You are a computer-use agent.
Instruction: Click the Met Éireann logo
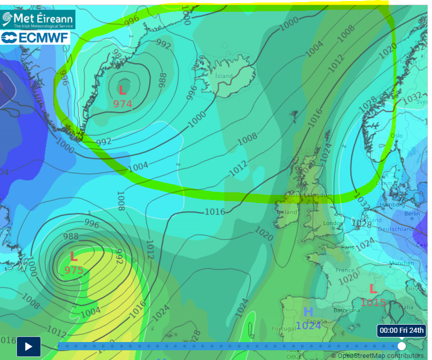click(x=38, y=19)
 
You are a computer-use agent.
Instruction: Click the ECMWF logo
click(x=35, y=37)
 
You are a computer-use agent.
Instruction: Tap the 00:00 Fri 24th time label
click(x=402, y=330)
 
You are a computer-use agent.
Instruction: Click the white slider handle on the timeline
click(x=402, y=346)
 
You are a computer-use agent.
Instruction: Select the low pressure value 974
click(x=123, y=104)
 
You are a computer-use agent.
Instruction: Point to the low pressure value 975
click(x=74, y=270)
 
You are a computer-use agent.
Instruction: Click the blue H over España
click(x=308, y=312)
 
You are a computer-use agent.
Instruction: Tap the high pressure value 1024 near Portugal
click(x=308, y=325)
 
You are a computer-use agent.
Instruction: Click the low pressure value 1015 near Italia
click(x=373, y=303)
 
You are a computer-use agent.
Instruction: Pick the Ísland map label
click(x=224, y=76)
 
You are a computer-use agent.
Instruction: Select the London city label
click(x=333, y=223)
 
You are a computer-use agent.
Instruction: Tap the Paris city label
click(x=347, y=247)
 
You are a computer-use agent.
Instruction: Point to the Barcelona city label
click(x=346, y=310)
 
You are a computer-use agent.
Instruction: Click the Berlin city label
click(x=411, y=213)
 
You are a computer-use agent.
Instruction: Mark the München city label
click(x=402, y=263)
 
